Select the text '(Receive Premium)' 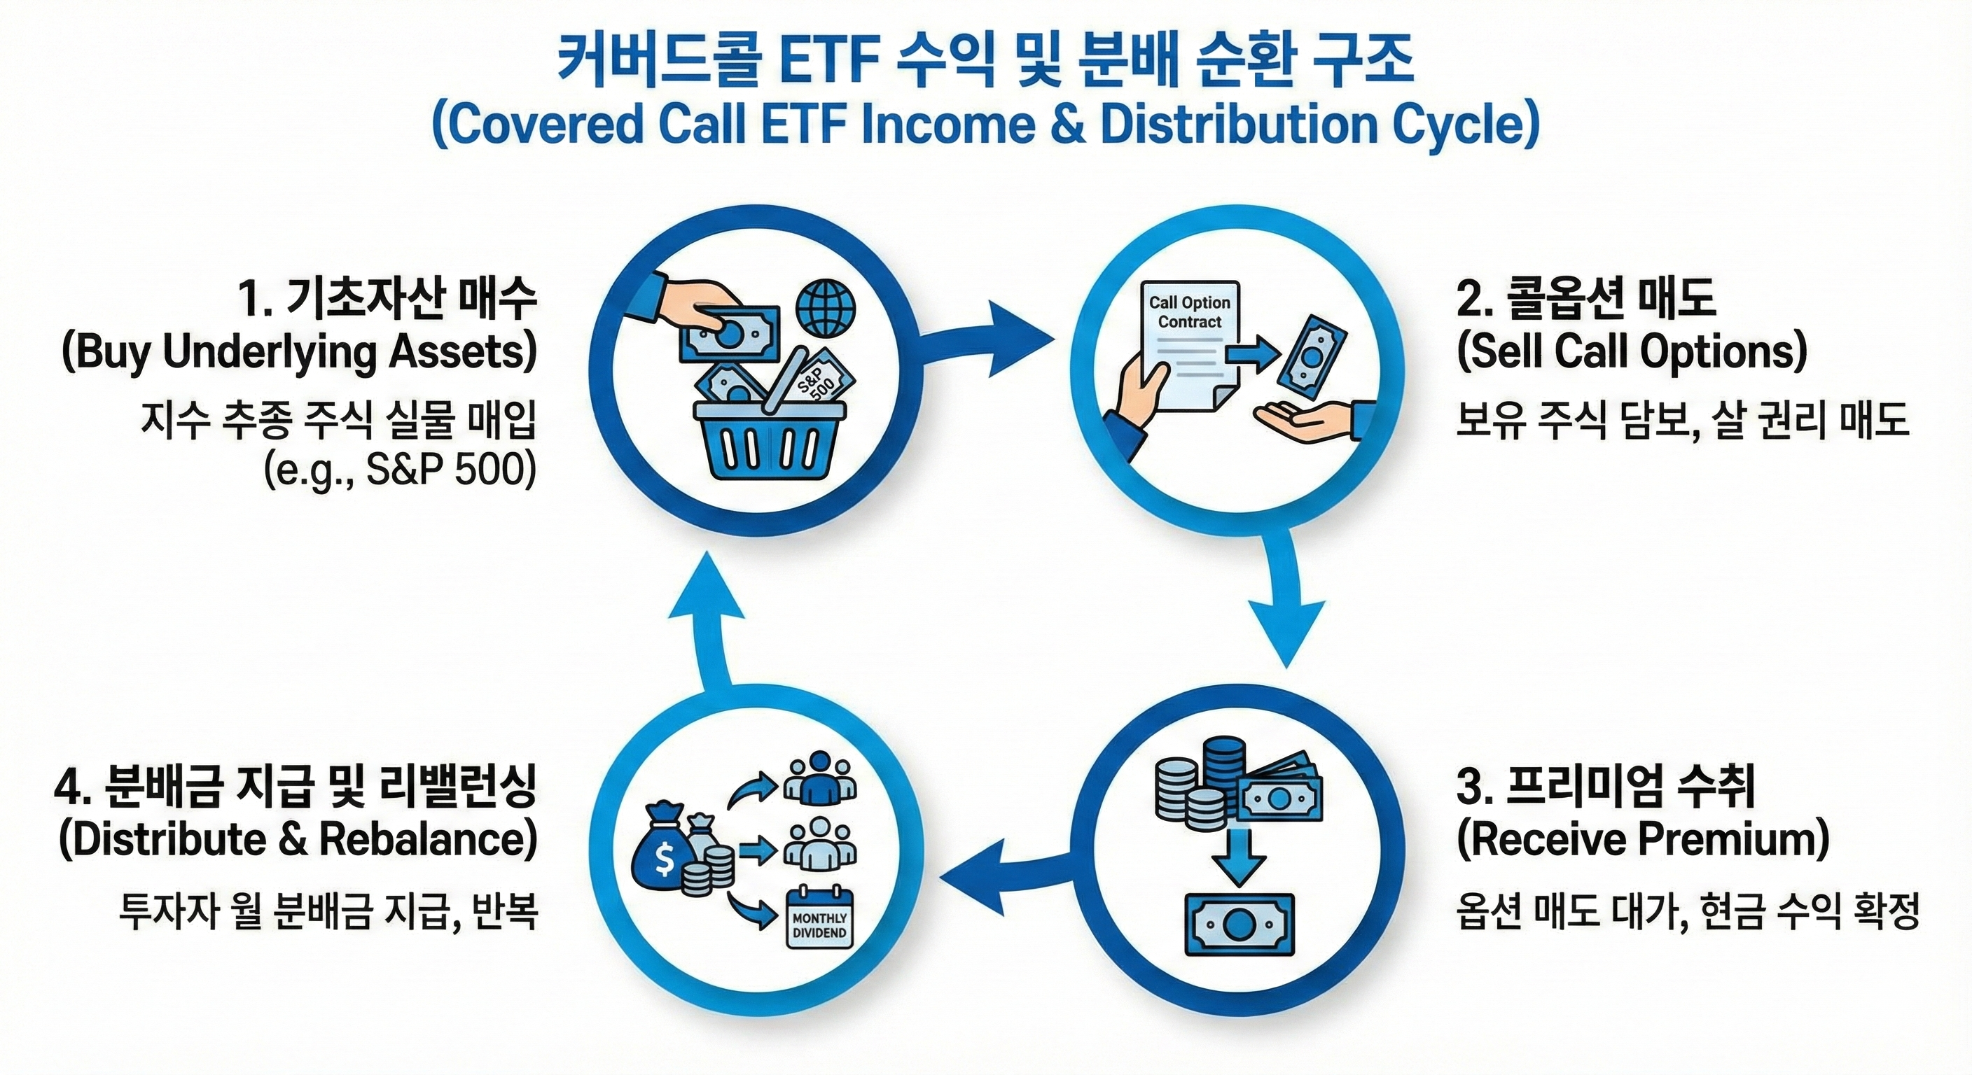tap(1643, 839)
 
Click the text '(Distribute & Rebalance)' tap(298, 839)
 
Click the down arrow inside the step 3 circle tap(1240, 855)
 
